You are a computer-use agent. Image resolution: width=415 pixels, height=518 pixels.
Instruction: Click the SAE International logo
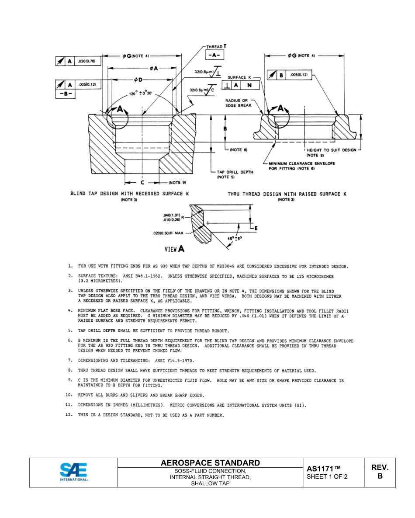point(74,472)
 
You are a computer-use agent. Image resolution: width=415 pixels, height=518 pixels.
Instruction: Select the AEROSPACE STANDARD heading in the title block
point(210,463)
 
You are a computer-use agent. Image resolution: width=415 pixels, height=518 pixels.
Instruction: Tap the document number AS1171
point(323,469)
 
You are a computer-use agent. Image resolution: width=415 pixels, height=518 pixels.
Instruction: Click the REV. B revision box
point(380,472)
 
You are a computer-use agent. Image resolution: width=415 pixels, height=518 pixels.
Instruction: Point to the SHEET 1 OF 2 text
point(327,477)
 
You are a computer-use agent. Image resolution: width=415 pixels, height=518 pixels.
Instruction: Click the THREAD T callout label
point(216,46)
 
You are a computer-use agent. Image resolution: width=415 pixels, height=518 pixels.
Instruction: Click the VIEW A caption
point(174,249)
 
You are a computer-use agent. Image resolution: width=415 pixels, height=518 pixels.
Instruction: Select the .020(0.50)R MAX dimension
point(168,233)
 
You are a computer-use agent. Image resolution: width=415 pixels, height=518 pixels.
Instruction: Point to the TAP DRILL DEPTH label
point(235,172)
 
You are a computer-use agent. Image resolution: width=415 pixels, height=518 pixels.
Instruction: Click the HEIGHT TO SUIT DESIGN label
point(331,150)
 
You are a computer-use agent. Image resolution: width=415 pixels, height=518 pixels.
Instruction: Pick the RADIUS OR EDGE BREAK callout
point(239,103)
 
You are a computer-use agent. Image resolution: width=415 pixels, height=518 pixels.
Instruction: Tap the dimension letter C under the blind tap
point(142,182)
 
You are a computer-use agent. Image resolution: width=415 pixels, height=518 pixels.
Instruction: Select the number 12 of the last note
point(68,415)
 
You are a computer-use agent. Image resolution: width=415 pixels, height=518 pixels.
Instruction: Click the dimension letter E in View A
point(256,228)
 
